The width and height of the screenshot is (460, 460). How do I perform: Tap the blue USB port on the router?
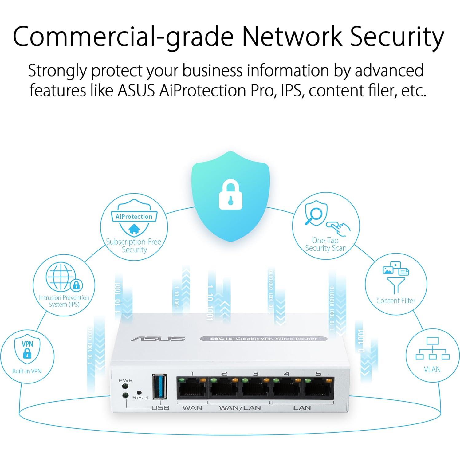160,387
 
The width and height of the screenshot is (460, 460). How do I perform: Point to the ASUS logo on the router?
158,338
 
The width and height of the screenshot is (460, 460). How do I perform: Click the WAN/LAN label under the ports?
240,408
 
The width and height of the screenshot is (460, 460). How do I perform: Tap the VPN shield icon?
27,350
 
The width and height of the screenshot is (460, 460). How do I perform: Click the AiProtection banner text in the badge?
134,217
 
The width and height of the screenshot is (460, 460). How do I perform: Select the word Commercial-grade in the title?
123,37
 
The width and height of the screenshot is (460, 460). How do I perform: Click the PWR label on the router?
125,380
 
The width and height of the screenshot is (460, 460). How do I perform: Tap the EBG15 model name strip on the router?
263,339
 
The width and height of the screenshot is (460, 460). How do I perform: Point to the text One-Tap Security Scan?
325,244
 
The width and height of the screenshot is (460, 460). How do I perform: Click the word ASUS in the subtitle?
136,91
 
